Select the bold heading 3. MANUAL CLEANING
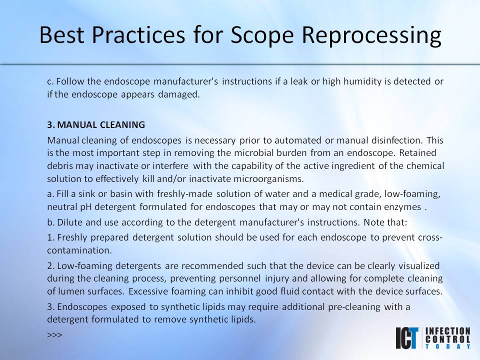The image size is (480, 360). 96,124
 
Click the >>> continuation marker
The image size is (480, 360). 54,334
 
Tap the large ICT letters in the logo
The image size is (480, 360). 408,338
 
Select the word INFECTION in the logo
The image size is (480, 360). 447,331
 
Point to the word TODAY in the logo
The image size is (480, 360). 447,345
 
